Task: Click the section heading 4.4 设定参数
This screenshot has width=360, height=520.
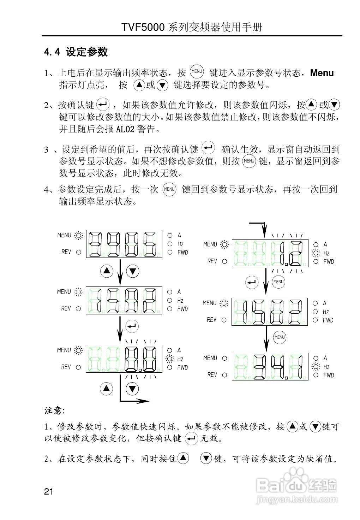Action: [x=76, y=52]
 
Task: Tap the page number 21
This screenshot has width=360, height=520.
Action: [x=49, y=491]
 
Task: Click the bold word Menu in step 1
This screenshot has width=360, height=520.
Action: [x=322, y=73]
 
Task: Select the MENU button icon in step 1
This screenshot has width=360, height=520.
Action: [x=197, y=72]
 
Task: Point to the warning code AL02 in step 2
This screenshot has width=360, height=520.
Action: [x=125, y=129]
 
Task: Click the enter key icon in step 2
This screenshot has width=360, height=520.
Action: [x=103, y=104]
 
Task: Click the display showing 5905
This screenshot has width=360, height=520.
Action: [x=124, y=244]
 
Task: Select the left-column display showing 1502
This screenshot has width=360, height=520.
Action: [x=124, y=300]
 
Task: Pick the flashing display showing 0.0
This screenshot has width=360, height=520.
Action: [x=124, y=359]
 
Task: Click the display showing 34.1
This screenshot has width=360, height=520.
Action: [x=270, y=366]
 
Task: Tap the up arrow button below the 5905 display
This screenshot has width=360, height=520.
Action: [x=107, y=271]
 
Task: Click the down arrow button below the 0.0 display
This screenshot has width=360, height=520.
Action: [x=132, y=389]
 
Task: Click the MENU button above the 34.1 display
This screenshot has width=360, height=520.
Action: [x=279, y=337]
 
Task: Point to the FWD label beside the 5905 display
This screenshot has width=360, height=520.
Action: [x=182, y=252]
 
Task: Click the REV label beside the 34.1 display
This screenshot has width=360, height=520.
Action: [x=212, y=374]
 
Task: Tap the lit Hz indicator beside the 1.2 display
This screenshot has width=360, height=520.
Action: [x=316, y=253]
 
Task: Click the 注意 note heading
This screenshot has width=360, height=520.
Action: [x=54, y=410]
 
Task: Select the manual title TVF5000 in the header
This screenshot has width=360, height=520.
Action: [x=143, y=28]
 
